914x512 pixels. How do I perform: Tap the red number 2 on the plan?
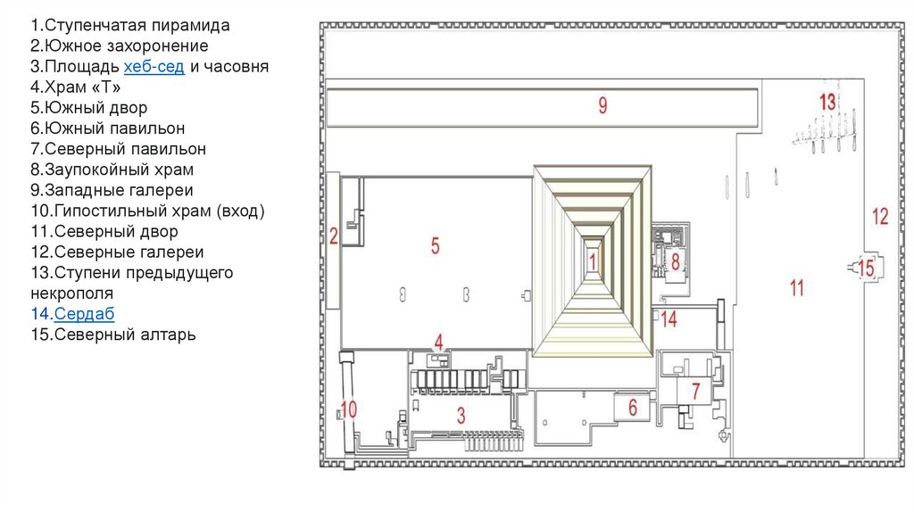coord(333,235)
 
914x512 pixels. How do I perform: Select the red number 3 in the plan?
coord(461,414)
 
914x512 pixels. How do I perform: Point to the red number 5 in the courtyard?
coord(436,245)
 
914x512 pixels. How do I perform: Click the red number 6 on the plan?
coord(633,407)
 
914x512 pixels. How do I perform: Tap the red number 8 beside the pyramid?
coord(676,261)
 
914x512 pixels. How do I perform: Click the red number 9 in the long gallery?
coord(602,106)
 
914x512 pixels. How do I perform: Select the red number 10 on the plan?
coord(348,409)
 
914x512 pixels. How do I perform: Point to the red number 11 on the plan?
coord(797,287)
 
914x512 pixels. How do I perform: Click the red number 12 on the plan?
coord(880,215)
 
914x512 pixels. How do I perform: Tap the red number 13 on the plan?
coord(827,101)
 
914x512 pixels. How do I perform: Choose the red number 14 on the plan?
coord(669,318)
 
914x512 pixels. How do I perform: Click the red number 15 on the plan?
coord(866,267)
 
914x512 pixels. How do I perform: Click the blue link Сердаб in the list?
coord(84,313)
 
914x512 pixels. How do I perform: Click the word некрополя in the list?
coord(71,293)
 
